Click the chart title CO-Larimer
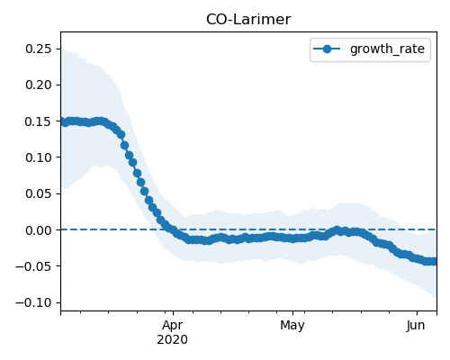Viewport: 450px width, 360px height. [x=248, y=20]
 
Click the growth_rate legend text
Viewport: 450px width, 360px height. [x=387, y=49]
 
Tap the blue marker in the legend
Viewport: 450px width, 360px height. [x=327, y=49]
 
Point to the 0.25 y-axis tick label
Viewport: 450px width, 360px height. [x=39, y=49]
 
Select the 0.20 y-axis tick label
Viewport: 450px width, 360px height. [x=39, y=85]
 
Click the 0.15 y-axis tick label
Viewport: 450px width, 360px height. [x=39, y=121]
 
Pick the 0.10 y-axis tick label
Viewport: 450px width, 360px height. [x=39, y=157]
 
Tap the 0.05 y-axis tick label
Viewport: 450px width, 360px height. [x=39, y=193]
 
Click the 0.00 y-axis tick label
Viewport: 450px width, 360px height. [x=39, y=230]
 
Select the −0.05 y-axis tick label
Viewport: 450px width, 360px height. [x=34, y=266]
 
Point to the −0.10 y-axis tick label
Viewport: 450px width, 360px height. [x=34, y=302]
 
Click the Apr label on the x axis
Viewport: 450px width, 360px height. [x=173, y=326]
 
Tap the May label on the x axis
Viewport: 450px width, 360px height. [x=292, y=326]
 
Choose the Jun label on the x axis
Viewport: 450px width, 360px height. [x=417, y=326]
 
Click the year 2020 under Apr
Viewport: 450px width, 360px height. [x=173, y=340]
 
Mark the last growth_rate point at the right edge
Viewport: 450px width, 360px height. [x=435, y=262]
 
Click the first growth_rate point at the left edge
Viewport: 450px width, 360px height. [x=63, y=122]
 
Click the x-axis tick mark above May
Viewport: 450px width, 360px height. [x=292, y=312]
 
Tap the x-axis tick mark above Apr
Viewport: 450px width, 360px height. [x=173, y=312]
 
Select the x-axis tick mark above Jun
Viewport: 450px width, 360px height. [x=417, y=312]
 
